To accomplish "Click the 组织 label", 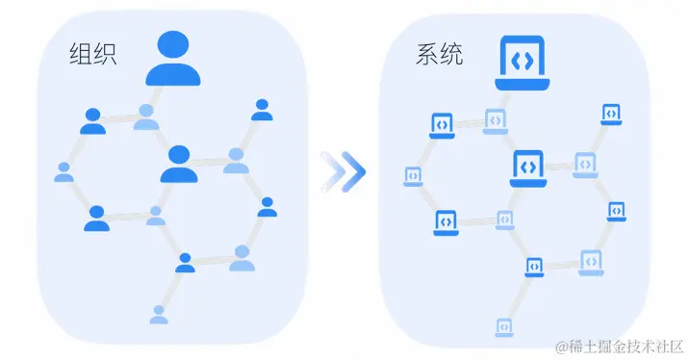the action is (x=93, y=54).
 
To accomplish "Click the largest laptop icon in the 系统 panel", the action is (x=522, y=64).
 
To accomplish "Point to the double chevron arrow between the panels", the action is (x=344, y=171).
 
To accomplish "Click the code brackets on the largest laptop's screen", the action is (x=522, y=59).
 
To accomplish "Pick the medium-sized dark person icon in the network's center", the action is (x=178, y=165).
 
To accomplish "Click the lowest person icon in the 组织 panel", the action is (x=159, y=314).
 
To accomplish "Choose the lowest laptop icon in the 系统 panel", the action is (x=501, y=327).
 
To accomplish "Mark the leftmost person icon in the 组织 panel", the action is (x=64, y=172).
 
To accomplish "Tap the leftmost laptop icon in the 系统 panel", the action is (x=412, y=177).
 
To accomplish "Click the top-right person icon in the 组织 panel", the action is (x=262, y=110).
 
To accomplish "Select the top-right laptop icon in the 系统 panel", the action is (x=610, y=115).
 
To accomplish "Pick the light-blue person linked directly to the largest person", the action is (x=146, y=117).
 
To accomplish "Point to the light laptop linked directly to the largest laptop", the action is (x=495, y=120).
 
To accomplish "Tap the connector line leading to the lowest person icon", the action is (x=170, y=288).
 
